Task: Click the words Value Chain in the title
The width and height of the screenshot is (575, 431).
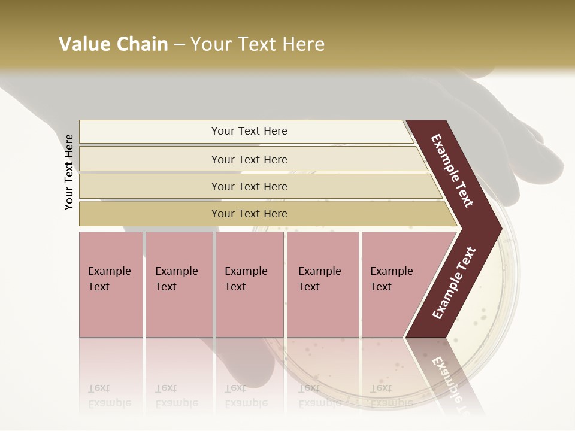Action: point(113,44)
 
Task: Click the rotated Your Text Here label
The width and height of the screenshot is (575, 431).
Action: point(69,172)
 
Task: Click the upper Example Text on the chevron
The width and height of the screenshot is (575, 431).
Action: point(452,171)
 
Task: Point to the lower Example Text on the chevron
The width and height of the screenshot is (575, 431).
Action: point(453,283)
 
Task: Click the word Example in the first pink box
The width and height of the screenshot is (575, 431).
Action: point(109,271)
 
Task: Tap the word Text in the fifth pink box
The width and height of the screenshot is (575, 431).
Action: point(381,287)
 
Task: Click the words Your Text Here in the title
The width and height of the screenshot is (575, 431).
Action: point(258,44)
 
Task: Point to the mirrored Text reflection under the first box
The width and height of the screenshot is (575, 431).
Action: point(99,388)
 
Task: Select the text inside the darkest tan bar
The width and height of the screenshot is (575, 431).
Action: point(249,214)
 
